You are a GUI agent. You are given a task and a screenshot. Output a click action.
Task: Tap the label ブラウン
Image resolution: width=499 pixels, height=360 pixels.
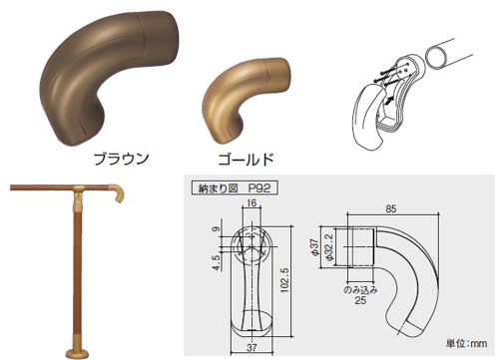pos(121,159)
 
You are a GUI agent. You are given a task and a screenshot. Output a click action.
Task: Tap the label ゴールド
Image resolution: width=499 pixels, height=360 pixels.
pos(246,160)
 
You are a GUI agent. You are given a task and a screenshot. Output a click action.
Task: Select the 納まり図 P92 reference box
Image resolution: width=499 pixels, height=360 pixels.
pos(235,188)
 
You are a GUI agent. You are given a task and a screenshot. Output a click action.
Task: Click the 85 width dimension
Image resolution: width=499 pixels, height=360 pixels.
pos(391,209)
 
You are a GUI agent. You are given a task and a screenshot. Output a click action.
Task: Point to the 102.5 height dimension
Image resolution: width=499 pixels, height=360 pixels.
pos(284,280)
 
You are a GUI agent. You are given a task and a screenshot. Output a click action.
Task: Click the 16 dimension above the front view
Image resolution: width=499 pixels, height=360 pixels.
pos(251,203)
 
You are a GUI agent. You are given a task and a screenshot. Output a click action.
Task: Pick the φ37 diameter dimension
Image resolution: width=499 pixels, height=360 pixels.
pos(315,246)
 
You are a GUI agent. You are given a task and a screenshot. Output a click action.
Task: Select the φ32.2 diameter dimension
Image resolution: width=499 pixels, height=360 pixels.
pos(328,247)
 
